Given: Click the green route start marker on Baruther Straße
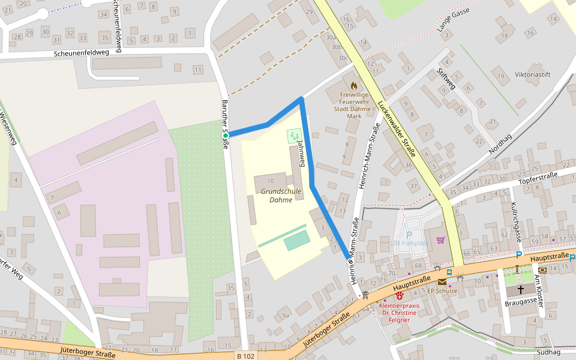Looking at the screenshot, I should (x=226, y=136).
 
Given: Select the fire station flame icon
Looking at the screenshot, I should (x=353, y=86).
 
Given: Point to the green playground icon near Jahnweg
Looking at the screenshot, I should (x=294, y=136).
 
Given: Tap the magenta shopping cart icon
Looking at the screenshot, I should (x=441, y=240).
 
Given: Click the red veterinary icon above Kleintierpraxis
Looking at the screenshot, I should (x=399, y=295).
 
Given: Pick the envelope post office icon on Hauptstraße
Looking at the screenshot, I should (x=442, y=281).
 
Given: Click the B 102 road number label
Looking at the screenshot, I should (x=245, y=356).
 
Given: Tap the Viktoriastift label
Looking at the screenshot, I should (x=532, y=75).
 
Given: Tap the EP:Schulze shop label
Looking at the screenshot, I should (x=442, y=291).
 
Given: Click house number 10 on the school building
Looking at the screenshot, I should (x=270, y=181).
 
